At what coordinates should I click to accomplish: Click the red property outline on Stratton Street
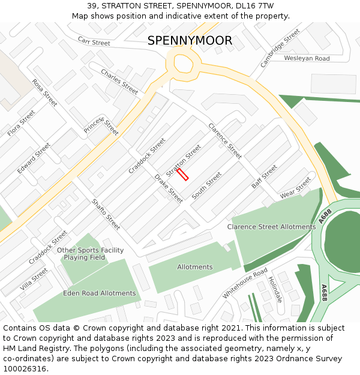[182, 174]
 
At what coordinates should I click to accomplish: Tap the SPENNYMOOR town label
[190, 41]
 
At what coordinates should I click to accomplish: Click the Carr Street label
[94, 41]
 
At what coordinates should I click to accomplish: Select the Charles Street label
[119, 82]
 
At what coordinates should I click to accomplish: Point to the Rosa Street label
[45, 93]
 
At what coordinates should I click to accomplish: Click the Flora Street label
[22, 123]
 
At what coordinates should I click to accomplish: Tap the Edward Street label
[34, 158]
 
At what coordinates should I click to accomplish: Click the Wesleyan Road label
[307, 58]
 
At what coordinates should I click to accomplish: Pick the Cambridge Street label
[280, 48]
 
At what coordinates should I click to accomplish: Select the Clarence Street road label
[225, 141]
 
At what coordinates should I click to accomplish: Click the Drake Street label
[168, 188]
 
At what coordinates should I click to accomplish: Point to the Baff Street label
[265, 177]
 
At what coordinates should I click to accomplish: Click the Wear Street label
[295, 187]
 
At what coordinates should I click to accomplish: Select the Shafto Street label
[106, 214]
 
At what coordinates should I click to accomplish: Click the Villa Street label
[34, 280]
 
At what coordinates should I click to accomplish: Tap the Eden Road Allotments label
[100, 293]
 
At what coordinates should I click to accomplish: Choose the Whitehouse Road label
[245, 283]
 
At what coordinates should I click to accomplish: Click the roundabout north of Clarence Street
[183, 62]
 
